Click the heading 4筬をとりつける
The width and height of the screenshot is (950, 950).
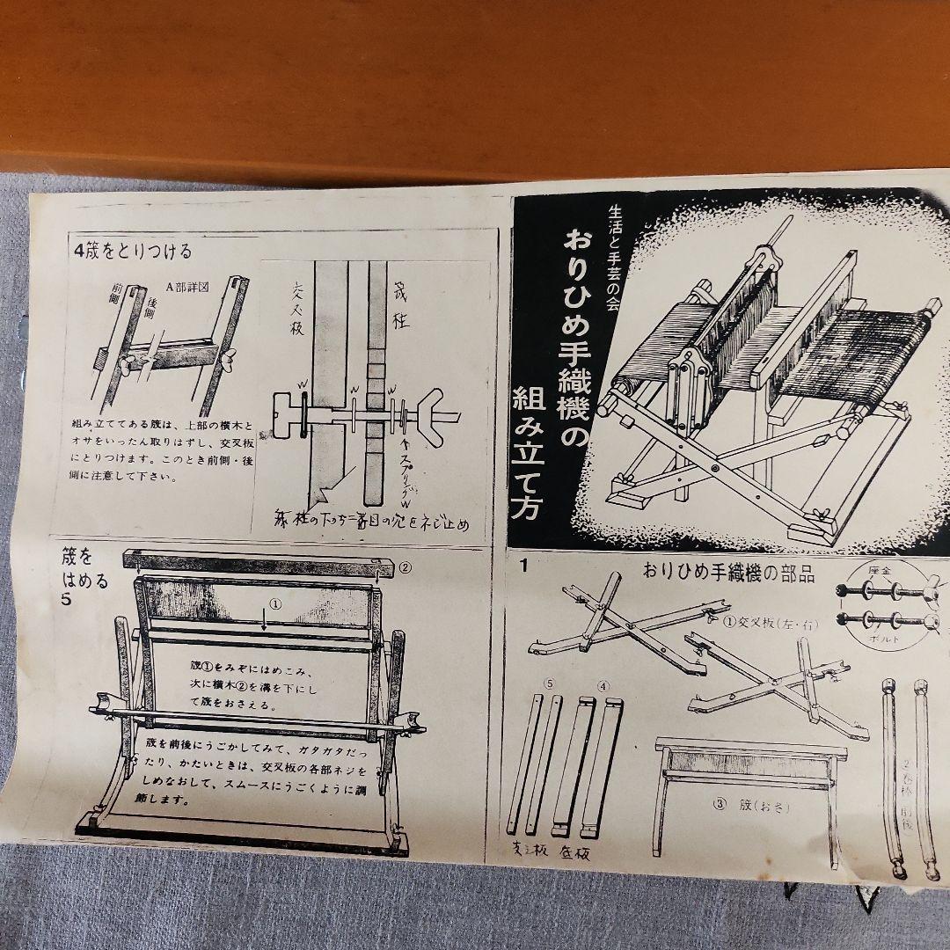click(134, 250)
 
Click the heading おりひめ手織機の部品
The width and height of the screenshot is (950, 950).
click(729, 574)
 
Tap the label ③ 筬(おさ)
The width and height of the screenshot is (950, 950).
click(747, 804)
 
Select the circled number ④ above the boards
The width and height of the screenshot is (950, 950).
click(603, 683)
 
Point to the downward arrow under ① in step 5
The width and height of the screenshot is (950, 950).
click(265, 623)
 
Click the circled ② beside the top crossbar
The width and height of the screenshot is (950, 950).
click(405, 566)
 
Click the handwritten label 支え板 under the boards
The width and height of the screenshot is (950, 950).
click(530, 850)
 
